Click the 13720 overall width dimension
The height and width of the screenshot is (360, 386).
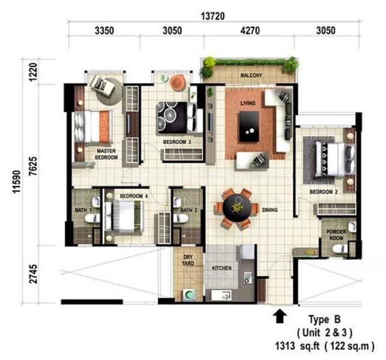click(x=213, y=16)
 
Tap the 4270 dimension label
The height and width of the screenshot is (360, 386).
click(x=250, y=31)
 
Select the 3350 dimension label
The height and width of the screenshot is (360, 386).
click(x=104, y=31)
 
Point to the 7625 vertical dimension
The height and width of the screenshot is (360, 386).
click(x=33, y=166)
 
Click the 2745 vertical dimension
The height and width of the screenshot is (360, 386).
click(x=33, y=274)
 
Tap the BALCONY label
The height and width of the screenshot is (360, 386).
click(x=252, y=75)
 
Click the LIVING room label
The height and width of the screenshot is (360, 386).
click(x=248, y=103)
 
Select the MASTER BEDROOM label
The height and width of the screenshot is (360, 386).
click(x=106, y=154)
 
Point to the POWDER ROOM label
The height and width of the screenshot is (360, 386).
click(x=336, y=235)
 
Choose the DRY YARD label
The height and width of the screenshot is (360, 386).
click(x=188, y=260)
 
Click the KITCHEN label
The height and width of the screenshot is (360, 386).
click(x=222, y=268)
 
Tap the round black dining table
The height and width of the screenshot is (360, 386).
click(x=237, y=209)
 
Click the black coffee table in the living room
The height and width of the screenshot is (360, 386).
click(x=249, y=127)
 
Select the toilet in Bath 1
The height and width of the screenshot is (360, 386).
click(x=92, y=218)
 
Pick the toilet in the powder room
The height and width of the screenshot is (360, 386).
click(x=340, y=249)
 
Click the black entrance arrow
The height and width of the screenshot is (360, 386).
click(x=280, y=316)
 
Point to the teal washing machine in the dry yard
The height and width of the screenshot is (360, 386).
click(x=189, y=295)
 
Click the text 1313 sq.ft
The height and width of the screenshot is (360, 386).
click(x=297, y=346)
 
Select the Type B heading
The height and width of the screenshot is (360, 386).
click(x=325, y=319)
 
